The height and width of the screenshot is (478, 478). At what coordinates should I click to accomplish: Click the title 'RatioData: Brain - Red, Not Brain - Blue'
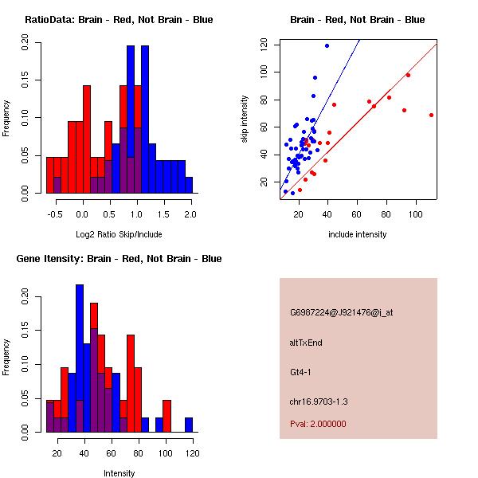119,20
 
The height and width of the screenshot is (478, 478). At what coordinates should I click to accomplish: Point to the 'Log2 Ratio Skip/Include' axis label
119,234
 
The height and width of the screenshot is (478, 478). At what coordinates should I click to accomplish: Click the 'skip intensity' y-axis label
245,119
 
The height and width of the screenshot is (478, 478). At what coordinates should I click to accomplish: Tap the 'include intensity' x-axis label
358,234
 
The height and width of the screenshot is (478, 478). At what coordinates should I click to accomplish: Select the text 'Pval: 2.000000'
318,424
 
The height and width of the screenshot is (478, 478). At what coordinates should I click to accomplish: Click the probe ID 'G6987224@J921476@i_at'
342,312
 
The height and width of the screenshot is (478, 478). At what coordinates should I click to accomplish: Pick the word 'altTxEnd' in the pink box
306,343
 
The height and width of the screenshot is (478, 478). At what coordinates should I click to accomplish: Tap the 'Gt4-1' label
301,372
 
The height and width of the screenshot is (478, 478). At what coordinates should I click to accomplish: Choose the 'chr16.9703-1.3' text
319,402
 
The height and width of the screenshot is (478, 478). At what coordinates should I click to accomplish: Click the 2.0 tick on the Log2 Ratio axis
190,214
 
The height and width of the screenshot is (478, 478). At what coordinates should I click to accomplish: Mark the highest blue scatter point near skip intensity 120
327,45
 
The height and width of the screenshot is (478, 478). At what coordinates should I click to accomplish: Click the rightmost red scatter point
431,115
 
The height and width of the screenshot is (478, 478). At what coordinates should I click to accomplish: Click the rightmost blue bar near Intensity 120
189,425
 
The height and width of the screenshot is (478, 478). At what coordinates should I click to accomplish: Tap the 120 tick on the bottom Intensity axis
189,453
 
